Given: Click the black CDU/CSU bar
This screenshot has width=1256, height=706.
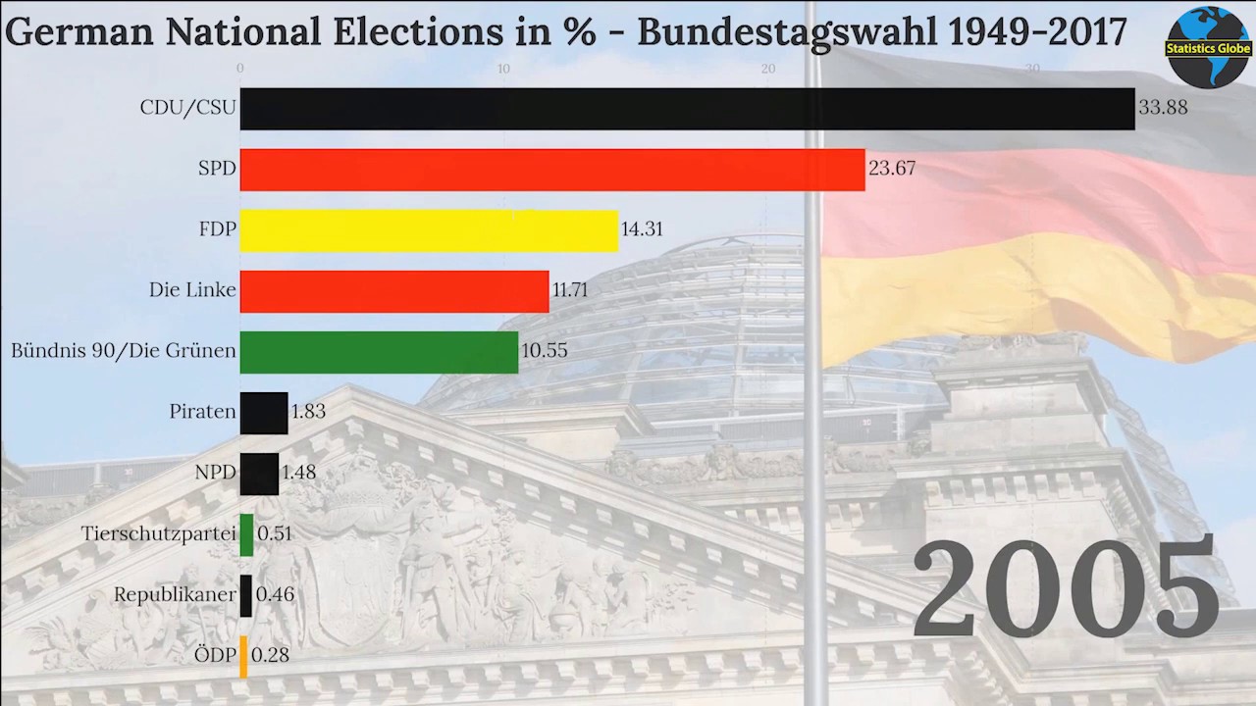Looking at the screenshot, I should click(687, 109).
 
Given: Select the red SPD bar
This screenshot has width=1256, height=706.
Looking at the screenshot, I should click(551, 170).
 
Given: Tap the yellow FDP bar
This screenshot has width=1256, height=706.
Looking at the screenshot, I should click(429, 230).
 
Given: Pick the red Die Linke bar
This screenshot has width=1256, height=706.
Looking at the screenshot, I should click(393, 291).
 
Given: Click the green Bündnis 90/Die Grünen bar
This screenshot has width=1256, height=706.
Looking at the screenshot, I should click(379, 352).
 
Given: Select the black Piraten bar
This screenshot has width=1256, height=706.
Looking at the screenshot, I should click(263, 413).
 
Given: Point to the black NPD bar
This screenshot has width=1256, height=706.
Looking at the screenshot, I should click(259, 474).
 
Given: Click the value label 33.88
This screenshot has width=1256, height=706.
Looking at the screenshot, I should click(1163, 108).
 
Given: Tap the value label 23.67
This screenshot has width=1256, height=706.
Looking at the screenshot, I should click(891, 169).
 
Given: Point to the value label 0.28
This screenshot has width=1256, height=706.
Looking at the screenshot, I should click(270, 655).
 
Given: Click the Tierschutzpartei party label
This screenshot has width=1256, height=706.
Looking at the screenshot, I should click(158, 534).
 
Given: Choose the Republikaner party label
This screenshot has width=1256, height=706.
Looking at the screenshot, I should click(175, 595).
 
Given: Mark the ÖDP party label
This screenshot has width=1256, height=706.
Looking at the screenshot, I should click(216, 655).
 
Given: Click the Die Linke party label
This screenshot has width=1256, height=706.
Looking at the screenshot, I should click(192, 290).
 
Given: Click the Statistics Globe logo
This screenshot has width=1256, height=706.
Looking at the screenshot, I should click(1207, 46).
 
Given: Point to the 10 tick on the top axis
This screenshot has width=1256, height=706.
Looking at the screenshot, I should click(503, 69).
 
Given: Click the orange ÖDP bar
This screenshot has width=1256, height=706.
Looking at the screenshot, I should click(243, 656).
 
